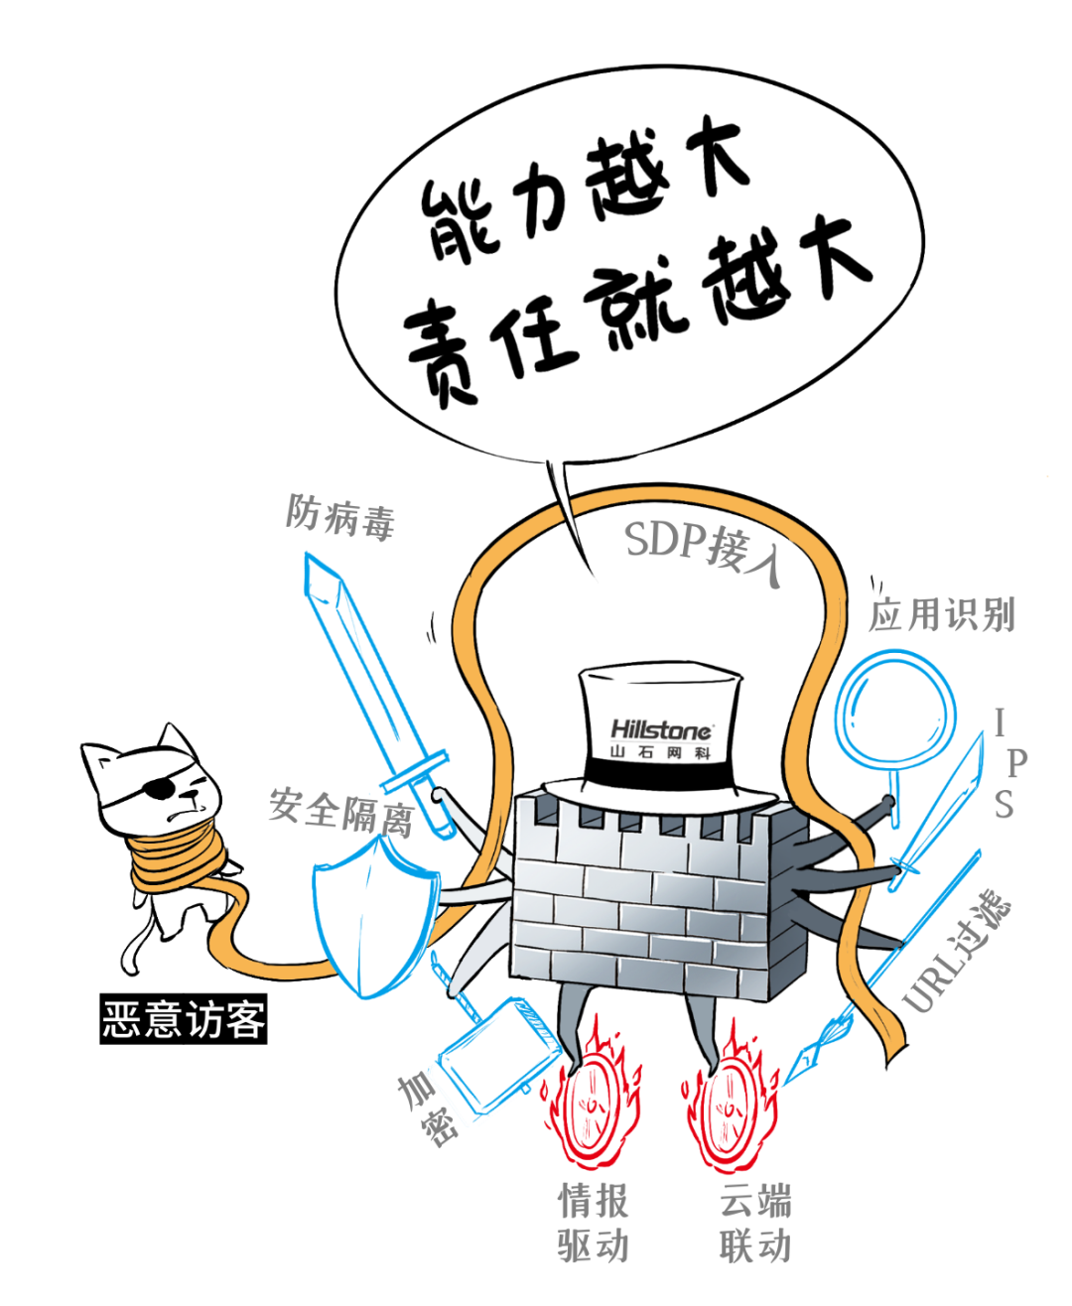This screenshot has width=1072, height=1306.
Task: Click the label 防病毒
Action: pos(340,517)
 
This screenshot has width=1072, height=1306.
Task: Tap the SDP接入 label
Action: pos(703,551)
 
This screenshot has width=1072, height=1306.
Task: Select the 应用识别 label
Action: pos(942,615)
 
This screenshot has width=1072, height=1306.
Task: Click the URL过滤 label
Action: pos(958,952)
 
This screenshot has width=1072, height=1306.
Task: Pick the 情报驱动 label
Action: pos(594,1223)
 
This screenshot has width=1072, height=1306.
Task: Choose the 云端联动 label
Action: pos(755,1223)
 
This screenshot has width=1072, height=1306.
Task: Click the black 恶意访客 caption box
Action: pos(184,1019)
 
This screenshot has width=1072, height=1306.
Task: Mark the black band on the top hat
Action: pos(660,773)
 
